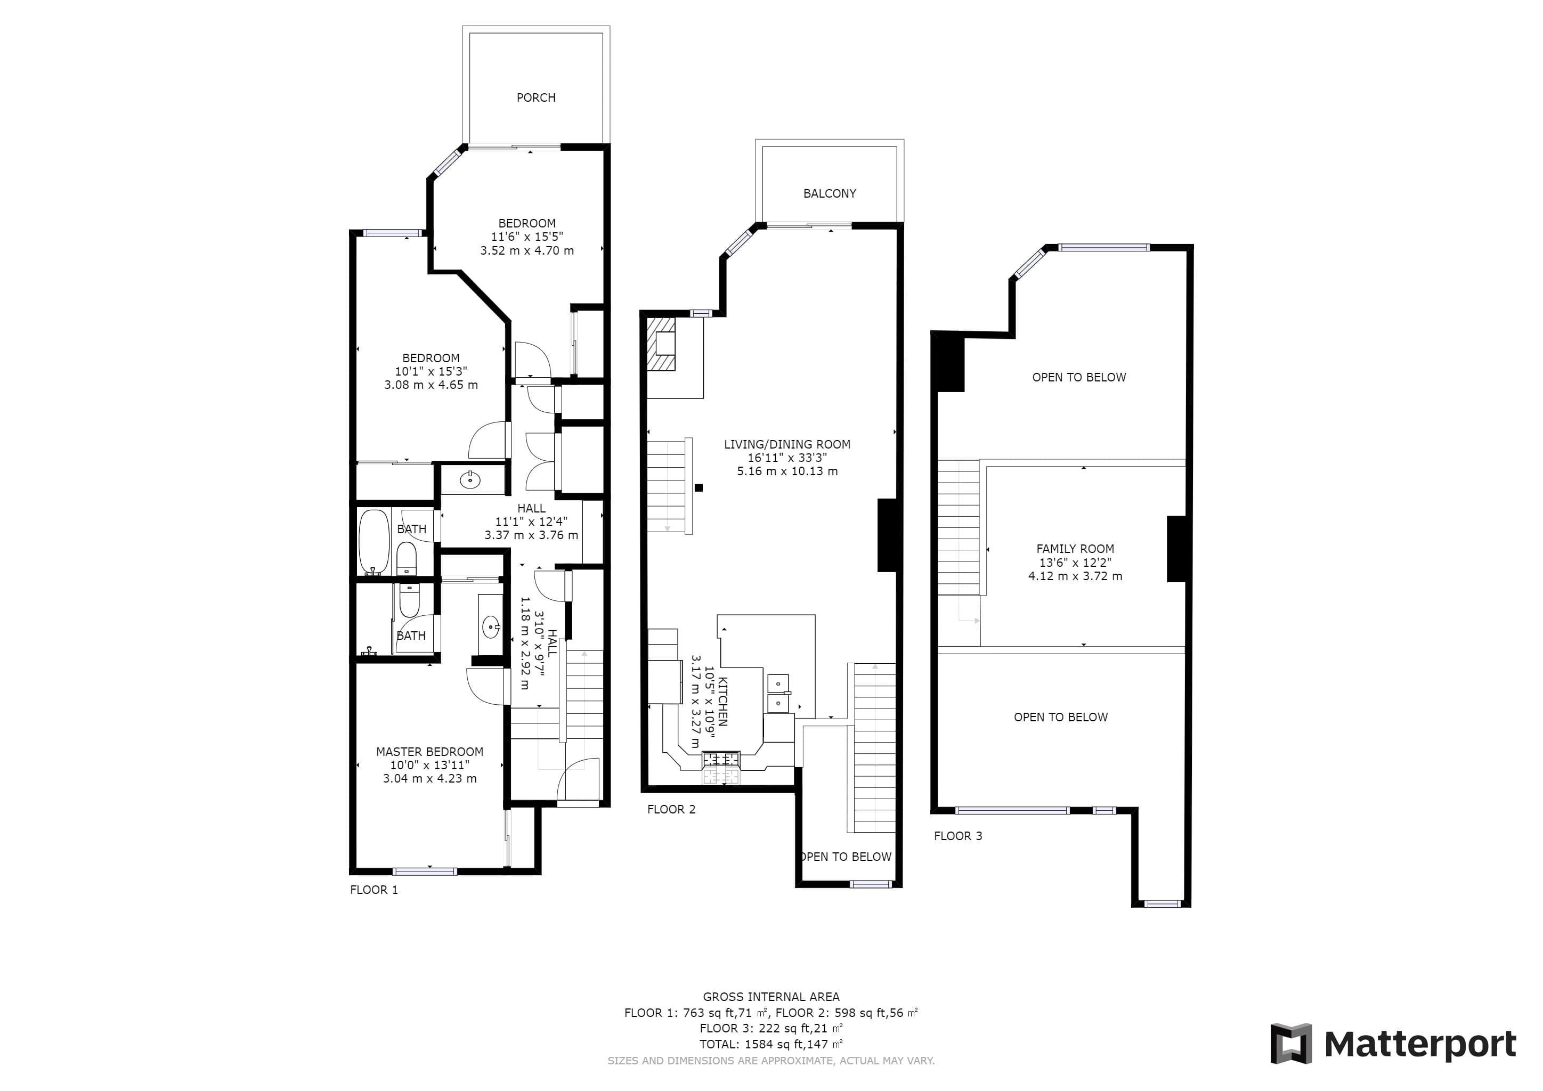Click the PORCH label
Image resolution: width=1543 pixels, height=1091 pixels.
pyautogui.click(x=535, y=97)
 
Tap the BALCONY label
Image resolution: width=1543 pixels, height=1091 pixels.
pyautogui.click(x=829, y=193)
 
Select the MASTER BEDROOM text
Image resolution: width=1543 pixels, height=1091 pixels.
pyautogui.click(x=429, y=752)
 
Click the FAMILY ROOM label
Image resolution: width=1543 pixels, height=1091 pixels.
pyautogui.click(x=1075, y=549)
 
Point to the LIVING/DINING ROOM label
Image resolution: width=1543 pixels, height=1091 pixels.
pyautogui.click(x=787, y=444)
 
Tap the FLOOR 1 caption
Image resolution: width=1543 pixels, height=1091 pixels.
pyautogui.click(x=373, y=890)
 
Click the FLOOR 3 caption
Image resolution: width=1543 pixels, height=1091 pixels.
pyautogui.click(x=957, y=836)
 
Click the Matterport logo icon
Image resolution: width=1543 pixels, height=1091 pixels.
pyautogui.click(x=1290, y=1043)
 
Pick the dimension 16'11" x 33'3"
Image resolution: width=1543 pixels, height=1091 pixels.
pyautogui.click(x=787, y=458)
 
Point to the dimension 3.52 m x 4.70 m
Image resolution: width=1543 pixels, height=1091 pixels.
pyautogui.click(x=527, y=250)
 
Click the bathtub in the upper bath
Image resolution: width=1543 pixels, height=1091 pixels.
pyautogui.click(x=373, y=542)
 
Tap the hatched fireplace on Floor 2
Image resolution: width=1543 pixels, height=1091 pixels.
pyautogui.click(x=661, y=345)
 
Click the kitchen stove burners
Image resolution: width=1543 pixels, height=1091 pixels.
pyautogui.click(x=720, y=760)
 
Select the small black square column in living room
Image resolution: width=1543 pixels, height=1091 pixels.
pyautogui.click(x=699, y=488)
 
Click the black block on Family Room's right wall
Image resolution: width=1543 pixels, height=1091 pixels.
pyautogui.click(x=1175, y=548)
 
